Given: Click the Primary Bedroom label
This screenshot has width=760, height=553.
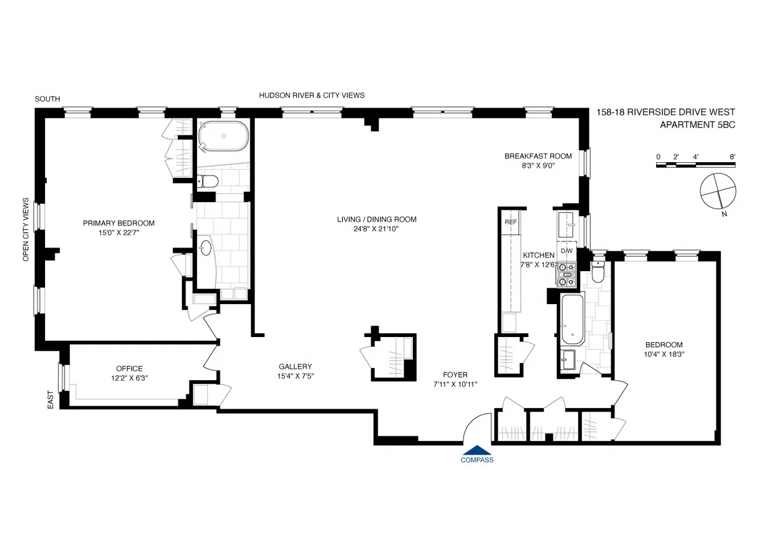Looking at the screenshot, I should pyautogui.click(x=118, y=223).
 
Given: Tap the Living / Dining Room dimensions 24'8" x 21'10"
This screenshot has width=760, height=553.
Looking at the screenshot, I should pyautogui.click(x=376, y=229).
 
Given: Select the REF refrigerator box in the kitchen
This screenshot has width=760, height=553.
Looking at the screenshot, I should pyautogui.click(x=510, y=222).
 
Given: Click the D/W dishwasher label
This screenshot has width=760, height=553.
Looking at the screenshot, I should pyautogui.click(x=566, y=251).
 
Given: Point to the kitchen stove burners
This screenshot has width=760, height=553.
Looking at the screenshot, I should pyautogui.click(x=566, y=273).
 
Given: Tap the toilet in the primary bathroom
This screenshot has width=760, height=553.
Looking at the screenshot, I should pyautogui.click(x=208, y=182).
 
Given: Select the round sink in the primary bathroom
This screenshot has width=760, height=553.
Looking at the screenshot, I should pyautogui.click(x=206, y=248).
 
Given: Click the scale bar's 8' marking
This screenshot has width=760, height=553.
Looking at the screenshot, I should pyautogui.click(x=732, y=156).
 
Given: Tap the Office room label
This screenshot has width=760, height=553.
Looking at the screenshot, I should pyautogui.click(x=129, y=369).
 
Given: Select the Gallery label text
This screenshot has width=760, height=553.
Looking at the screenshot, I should pyautogui.click(x=295, y=367).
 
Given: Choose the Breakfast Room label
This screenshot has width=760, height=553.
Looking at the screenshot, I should pyautogui.click(x=538, y=156).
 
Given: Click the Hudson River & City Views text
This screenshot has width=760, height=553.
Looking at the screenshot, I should pyautogui.click(x=312, y=95).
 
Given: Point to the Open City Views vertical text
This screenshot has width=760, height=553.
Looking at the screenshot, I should pyautogui.click(x=26, y=230).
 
